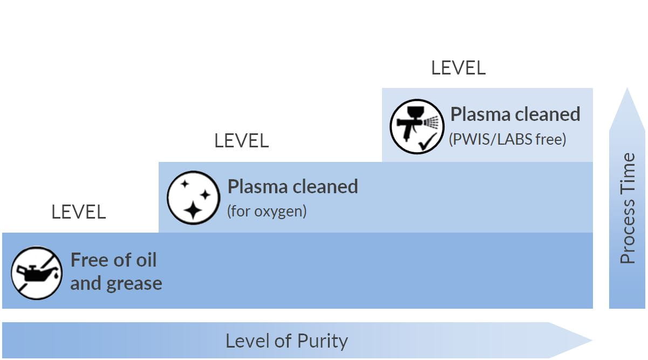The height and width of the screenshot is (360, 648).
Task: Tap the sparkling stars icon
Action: pyautogui.click(x=193, y=198)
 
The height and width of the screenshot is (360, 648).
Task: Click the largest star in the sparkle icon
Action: pyautogui.click(x=193, y=209)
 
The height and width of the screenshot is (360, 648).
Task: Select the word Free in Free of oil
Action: pyautogui.click(x=90, y=260)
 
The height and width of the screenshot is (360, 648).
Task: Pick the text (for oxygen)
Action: pyautogui.click(x=267, y=210)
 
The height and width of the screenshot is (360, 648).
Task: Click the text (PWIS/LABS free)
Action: pyautogui.click(x=507, y=139)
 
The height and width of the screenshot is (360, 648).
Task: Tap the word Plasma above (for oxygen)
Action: pyautogui.click(x=257, y=186)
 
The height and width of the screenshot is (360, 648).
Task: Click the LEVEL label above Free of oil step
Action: pyautogui.click(x=79, y=212)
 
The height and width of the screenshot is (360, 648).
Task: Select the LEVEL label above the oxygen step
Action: pyautogui.click(x=241, y=141)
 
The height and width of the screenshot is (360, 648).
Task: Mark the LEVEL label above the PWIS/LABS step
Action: pyautogui.click(x=458, y=68)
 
